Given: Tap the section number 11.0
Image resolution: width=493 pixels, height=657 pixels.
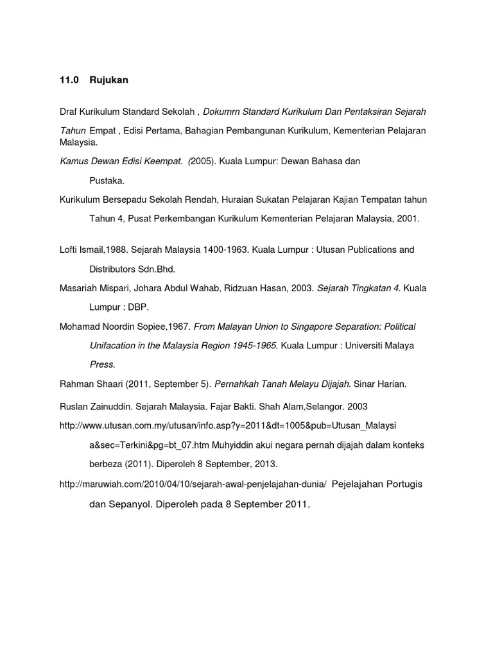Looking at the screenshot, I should [68, 80].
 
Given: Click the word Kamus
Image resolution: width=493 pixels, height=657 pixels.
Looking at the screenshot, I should [73, 162].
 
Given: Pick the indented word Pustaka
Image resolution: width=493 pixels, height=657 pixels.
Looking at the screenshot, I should [107, 181].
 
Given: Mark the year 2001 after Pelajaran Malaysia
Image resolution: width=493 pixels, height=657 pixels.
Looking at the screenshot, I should [408, 219].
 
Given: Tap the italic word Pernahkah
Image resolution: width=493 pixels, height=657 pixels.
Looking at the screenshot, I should [236, 384].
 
